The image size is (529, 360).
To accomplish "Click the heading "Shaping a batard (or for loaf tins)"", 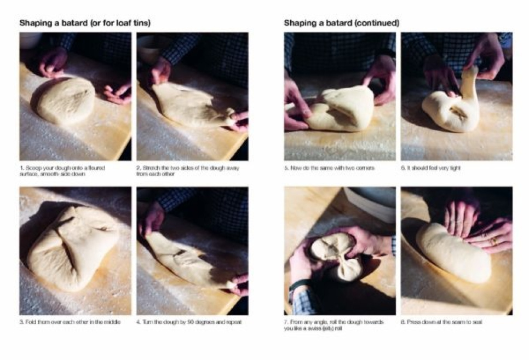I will coord(85,23).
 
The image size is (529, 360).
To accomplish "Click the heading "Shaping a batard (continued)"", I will coord(341,23).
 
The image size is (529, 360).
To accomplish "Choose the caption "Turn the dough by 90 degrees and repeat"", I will coord(189,322).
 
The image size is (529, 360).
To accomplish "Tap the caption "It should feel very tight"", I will coord(430,167).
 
